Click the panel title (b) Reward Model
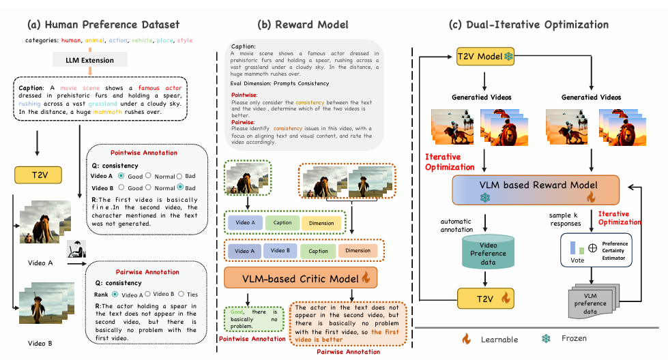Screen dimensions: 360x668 pyautogui.click(x=302, y=25)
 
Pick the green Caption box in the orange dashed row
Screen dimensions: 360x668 pyautogui.click(x=318, y=250)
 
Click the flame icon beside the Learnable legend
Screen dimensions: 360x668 pyautogui.click(x=467, y=339)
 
